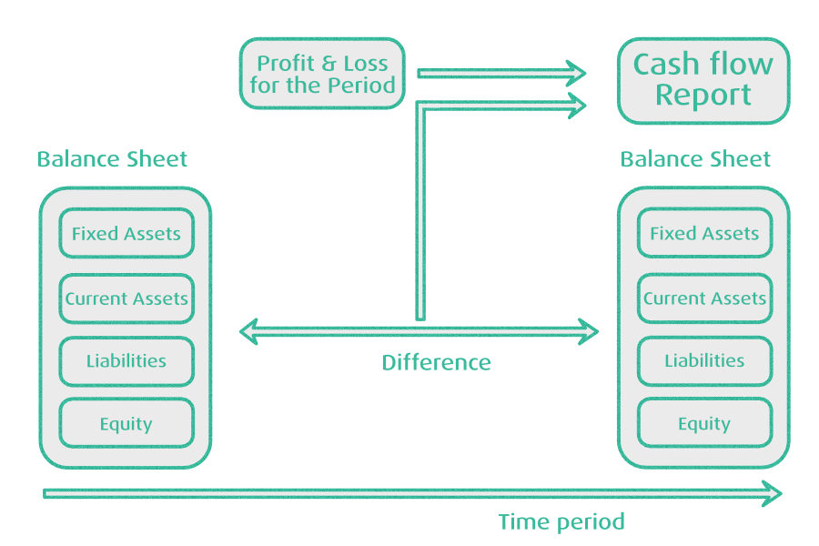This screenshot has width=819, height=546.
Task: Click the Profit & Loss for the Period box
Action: (322, 75)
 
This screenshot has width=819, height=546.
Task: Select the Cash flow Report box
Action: (703, 80)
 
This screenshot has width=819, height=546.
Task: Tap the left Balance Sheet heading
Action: (112, 159)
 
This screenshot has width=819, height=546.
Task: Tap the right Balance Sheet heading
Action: (695, 159)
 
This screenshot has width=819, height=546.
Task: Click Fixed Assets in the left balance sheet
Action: (126, 234)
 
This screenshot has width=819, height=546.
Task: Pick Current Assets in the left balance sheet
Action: (126, 298)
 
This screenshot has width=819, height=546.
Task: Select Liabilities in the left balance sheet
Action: (126, 361)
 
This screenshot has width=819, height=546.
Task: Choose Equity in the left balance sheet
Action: (126, 424)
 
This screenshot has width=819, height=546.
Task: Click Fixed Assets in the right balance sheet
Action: (704, 234)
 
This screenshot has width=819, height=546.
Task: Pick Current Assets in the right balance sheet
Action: (704, 298)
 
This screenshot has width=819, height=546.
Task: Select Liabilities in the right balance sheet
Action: (704, 361)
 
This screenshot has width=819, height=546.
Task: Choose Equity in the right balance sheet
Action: (704, 424)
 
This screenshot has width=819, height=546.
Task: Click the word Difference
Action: (436, 363)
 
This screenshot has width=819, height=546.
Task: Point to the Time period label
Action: (561, 522)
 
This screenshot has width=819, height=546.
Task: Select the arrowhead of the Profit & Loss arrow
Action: (576, 73)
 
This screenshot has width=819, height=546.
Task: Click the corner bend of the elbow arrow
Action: (420, 106)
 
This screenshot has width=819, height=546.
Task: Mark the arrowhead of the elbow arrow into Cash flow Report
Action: (576, 104)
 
